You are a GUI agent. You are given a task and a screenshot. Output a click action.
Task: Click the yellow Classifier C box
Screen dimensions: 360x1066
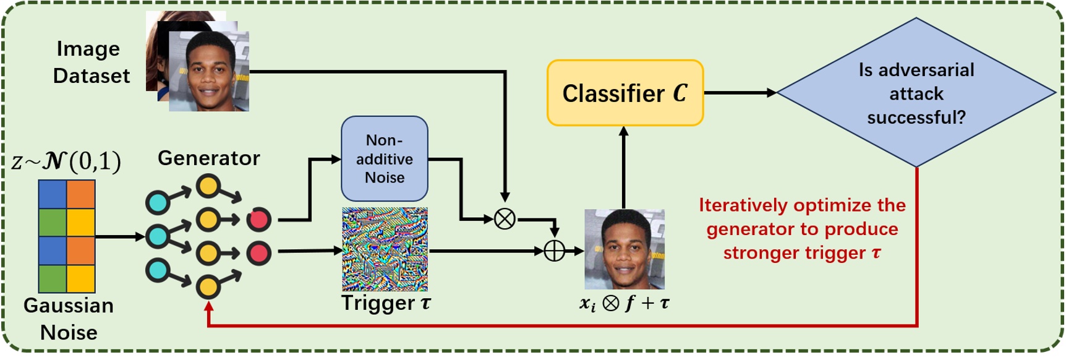[x=625, y=93]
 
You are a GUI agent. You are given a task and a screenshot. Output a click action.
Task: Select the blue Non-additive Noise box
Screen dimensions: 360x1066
[x=384, y=158]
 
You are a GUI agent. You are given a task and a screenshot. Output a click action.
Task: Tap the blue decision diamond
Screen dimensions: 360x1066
[x=916, y=93]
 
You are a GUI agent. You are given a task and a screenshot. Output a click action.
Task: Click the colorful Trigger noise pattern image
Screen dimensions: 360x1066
[x=385, y=249]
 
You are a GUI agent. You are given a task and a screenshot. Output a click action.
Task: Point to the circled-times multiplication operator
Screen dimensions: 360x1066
[x=505, y=218]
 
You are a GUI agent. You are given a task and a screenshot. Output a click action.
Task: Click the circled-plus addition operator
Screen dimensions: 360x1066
[x=554, y=251]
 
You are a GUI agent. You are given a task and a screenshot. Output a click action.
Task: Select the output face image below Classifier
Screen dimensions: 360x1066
[x=625, y=249]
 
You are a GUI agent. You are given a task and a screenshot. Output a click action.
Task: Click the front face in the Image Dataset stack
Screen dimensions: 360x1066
[x=209, y=72]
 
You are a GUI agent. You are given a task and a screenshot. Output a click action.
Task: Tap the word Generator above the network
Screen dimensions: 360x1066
[x=208, y=158]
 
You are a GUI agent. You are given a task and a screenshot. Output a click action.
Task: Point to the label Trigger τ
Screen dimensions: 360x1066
[x=385, y=303]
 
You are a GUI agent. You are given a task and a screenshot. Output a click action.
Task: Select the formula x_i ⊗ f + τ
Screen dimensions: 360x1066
[x=624, y=304]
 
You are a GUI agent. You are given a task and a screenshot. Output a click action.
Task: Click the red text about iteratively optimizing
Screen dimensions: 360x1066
[x=802, y=229]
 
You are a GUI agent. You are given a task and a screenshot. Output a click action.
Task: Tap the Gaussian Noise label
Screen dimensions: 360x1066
[x=69, y=319]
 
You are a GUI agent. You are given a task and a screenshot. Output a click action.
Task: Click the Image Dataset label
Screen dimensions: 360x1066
[x=90, y=62]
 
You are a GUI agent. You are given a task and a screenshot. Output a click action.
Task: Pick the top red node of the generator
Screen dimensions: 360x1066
[x=258, y=219]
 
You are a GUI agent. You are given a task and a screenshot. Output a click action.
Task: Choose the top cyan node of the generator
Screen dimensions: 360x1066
[x=157, y=202]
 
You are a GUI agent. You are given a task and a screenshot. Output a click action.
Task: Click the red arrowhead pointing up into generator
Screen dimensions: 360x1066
[x=208, y=306]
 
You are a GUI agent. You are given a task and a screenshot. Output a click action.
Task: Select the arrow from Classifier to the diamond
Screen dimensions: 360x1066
[x=740, y=93]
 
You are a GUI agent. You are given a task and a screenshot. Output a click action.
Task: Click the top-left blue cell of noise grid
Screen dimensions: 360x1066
[x=53, y=194]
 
